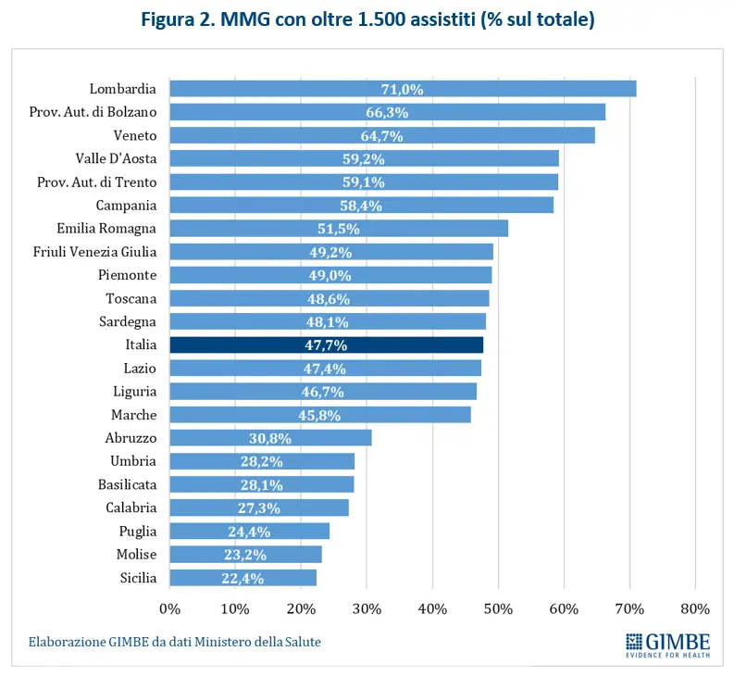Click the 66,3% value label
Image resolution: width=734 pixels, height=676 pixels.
point(387,112)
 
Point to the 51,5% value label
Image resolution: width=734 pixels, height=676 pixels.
point(340,229)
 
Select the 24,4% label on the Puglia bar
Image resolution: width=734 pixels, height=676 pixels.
point(250,532)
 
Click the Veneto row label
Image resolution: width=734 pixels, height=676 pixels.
point(135,135)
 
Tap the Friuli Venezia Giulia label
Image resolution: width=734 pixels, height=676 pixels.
point(94,252)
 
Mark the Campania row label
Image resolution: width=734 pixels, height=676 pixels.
point(126,206)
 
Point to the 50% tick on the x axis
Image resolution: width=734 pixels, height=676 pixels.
point(499,609)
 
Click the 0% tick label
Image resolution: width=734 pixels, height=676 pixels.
point(170,609)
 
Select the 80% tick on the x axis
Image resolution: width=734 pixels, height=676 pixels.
point(695,609)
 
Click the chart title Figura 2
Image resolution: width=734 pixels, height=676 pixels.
point(367,19)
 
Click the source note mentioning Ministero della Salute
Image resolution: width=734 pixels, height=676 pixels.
point(175,641)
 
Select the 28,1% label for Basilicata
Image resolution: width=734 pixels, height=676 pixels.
point(261,484)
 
